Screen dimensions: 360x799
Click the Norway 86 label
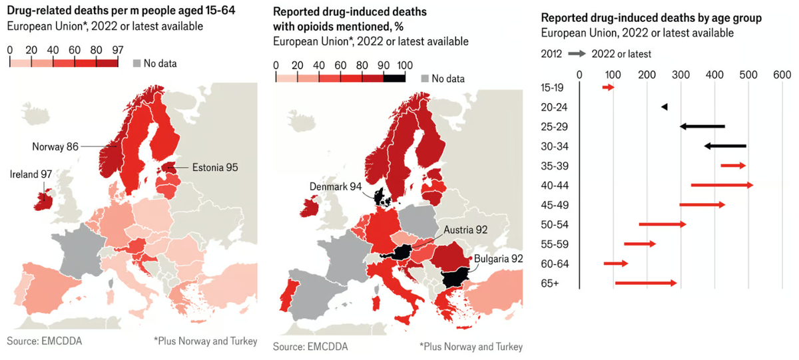tap(56, 146)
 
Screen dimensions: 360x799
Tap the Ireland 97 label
tap(31, 174)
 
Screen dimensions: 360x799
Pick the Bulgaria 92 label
tap(499, 258)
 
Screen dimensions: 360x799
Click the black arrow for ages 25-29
tap(702, 126)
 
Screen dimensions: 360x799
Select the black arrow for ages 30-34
tap(725, 146)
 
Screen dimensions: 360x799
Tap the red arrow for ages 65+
tap(645, 283)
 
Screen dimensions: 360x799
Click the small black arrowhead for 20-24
tap(664, 107)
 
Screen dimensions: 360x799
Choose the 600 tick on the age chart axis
tap(782, 74)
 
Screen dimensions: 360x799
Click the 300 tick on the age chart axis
tap(680, 74)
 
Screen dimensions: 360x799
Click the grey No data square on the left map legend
tap(138, 63)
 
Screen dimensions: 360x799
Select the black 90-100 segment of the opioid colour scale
tap(394, 78)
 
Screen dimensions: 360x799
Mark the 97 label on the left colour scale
tap(118, 49)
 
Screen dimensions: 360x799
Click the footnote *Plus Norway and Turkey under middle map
tap(471, 347)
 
